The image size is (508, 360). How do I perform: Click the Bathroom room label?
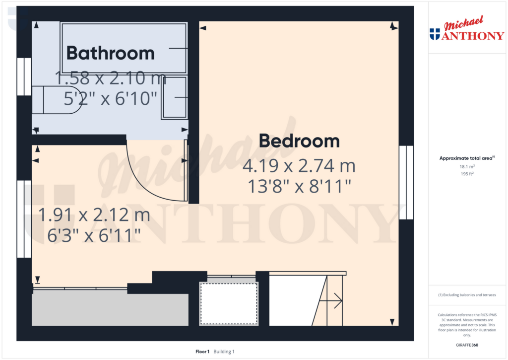click(x=111, y=53)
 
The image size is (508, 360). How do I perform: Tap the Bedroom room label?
click(x=299, y=141)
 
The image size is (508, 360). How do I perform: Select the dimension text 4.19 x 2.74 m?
click(x=299, y=166)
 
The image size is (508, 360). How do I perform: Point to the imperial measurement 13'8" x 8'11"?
click(x=299, y=187)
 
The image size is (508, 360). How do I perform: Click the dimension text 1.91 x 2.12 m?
click(x=94, y=215)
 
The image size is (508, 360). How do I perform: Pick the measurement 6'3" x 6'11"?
click(x=94, y=235)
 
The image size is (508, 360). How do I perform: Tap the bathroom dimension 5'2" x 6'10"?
click(x=111, y=98)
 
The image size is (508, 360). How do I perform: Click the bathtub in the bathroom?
click(x=124, y=48)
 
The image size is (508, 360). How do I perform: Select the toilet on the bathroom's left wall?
click(x=57, y=100)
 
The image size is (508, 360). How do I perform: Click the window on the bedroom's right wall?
click(x=406, y=183)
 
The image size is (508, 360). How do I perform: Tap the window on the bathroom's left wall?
click(x=24, y=77)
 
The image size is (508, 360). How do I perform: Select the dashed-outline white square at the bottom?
click(x=229, y=303)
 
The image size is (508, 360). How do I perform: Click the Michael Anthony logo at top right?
click(x=467, y=28)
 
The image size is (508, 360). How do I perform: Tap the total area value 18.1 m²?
click(x=467, y=167)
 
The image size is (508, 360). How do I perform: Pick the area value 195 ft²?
click(x=467, y=174)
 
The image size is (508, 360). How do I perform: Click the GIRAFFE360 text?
click(x=467, y=345)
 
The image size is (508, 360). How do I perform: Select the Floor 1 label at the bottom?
click(x=202, y=352)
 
